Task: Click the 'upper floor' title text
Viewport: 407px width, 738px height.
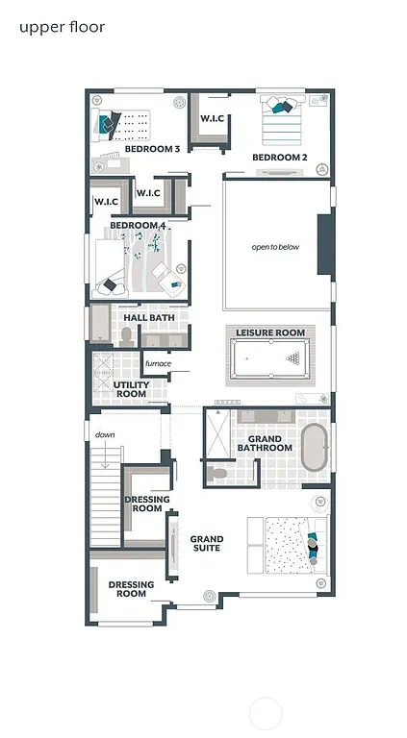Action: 62,27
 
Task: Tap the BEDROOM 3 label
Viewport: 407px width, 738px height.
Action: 152,149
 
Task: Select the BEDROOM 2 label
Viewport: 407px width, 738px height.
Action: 279,157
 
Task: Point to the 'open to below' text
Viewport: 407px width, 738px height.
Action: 275,247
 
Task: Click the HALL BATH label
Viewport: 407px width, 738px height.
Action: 148,317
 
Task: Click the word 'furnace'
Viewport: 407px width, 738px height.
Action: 158,363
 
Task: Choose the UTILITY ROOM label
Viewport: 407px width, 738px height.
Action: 131,389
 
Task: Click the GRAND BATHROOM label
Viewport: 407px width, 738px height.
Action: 265,443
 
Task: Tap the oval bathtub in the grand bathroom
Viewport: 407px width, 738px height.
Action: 315,450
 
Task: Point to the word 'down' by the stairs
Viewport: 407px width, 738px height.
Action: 105,434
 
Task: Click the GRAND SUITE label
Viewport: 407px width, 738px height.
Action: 206,543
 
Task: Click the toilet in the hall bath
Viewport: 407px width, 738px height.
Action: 126,336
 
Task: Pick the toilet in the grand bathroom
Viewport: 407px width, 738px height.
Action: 218,473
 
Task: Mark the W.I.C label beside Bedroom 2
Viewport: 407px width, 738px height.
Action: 213,118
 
